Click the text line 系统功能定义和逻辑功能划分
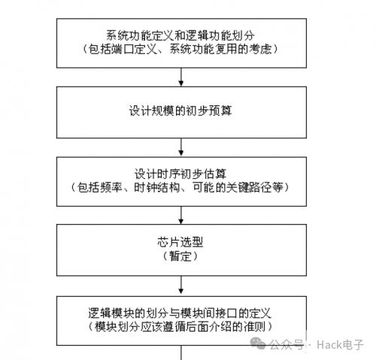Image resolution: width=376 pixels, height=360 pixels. [x=180, y=35]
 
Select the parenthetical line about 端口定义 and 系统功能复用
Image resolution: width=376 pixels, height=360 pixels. [x=180, y=49]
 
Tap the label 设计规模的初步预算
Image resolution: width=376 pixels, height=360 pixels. [x=180, y=110]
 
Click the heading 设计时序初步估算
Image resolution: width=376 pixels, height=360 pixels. [x=180, y=174]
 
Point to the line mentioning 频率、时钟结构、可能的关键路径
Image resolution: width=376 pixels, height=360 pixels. [x=180, y=187]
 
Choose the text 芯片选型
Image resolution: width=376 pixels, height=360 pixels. [x=180, y=242]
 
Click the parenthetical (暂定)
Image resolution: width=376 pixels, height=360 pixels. [x=180, y=256]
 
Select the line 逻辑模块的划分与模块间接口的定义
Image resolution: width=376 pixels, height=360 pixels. [x=180, y=313]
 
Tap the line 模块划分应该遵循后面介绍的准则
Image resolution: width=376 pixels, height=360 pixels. [x=180, y=326]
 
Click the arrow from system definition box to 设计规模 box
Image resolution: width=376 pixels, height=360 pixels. [x=181, y=77]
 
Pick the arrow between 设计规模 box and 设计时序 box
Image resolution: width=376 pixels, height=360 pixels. [x=181, y=147]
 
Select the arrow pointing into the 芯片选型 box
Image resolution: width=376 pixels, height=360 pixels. [x=181, y=215]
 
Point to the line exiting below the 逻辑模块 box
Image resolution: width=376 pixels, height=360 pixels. [x=181, y=352]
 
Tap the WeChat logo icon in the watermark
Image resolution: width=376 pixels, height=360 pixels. [x=258, y=343]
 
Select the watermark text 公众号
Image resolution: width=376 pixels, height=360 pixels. [x=287, y=345]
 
